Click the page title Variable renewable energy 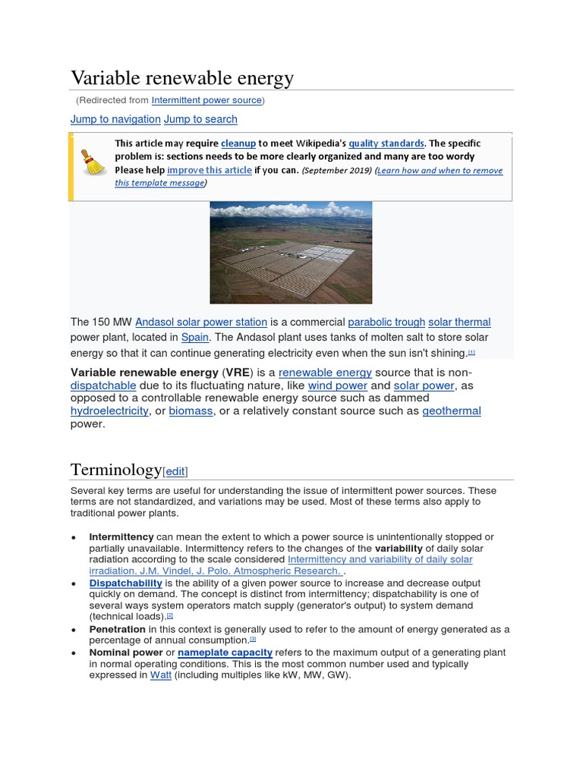tap(181, 78)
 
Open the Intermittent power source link tap(206, 100)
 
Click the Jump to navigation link tap(115, 119)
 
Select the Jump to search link tap(200, 119)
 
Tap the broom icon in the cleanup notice tap(93, 161)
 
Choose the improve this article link tap(210, 170)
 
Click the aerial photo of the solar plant tap(291, 252)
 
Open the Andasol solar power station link tap(201, 322)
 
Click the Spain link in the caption tap(195, 337)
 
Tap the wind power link tap(337, 385)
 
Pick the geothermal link tap(452, 411)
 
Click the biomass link tap(191, 411)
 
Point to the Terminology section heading tap(116, 469)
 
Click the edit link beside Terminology tap(175, 471)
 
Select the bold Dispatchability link tap(125, 583)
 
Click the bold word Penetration tap(117, 629)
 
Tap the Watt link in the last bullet tap(160, 675)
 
